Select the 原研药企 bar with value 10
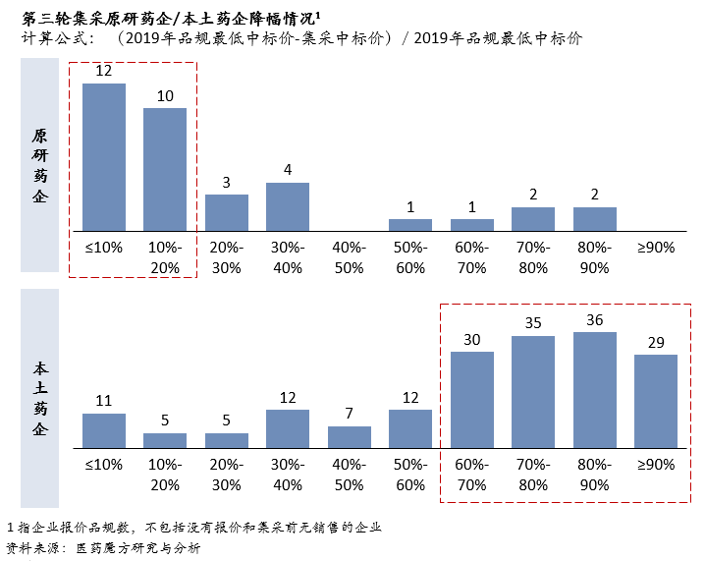click(165, 169)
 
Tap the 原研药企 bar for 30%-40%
click(288, 206)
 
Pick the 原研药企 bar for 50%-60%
click(410, 225)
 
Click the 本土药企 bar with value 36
click(595, 390)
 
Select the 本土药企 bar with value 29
click(656, 401)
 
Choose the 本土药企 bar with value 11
click(104, 430)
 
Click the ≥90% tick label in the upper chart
click(656, 248)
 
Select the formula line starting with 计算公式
click(295, 38)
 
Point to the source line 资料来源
click(103, 548)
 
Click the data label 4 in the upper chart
click(288, 170)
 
